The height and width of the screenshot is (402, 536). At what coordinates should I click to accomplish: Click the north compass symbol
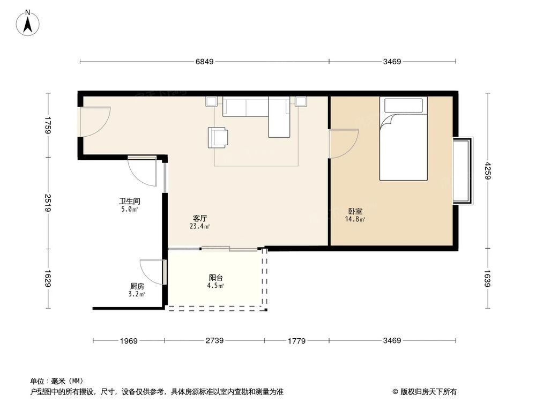click(x=28, y=23)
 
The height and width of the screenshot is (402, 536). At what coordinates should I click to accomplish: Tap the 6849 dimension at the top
click(x=204, y=62)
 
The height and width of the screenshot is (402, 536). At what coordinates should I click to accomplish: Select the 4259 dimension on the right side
click(x=487, y=172)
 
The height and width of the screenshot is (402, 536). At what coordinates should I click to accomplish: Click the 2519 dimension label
click(x=48, y=203)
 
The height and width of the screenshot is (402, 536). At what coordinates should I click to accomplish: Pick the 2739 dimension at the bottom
click(x=214, y=340)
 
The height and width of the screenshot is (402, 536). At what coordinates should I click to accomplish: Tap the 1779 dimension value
click(x=296, y=340)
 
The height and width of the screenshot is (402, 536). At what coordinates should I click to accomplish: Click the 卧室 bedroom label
click(x=355, y=212)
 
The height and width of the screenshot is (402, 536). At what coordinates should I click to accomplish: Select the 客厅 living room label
click(x=200, y=219)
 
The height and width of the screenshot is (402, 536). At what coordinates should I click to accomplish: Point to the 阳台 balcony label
click(x=216, y=278)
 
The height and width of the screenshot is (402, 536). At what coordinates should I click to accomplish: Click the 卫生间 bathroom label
click(x=129, y=202)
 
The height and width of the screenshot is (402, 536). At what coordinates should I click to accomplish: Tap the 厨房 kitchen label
click(x=137, y=286)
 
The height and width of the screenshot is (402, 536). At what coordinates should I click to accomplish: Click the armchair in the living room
click(x=218, y=137)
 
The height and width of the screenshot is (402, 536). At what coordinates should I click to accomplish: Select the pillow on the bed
click(x=404, y=106)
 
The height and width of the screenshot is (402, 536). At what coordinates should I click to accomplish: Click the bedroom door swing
click(x=343, y=144)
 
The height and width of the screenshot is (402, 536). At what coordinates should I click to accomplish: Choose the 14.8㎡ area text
click(x=355, y=219)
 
